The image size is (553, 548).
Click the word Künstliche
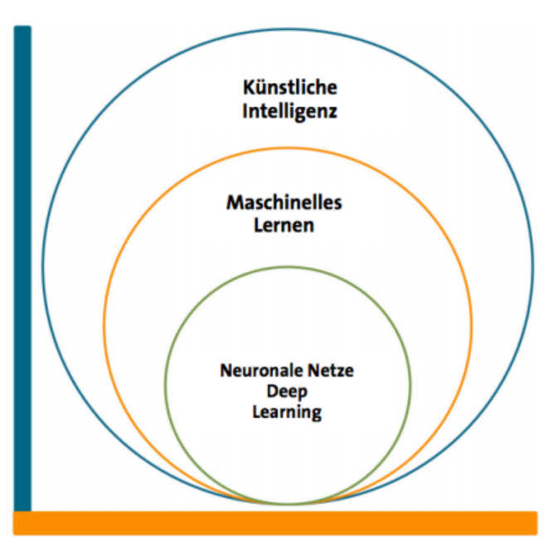click(290, 88)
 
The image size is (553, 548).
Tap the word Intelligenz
click(290, 110)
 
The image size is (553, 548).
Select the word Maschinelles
click(284, 202)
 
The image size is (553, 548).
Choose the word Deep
click(286, 391)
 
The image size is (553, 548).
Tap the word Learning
click(286, 411)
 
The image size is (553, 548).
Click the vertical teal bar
click(22, 265)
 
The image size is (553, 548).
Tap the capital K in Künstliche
click(249, 88)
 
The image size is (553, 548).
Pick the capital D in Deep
click(273, 390)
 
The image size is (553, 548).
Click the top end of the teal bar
click(22, 29)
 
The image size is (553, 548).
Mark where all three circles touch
click(288, 504)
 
